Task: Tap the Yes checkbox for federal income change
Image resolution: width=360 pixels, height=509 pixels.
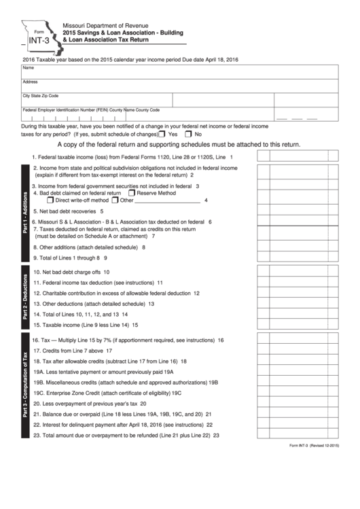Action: pyautogui.click(x=162, y=135)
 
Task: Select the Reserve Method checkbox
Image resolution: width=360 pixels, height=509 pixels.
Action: pyautogui.click(x=130, y=193)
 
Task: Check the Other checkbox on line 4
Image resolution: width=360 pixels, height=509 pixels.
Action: pyautogui.click(x=115, y=200)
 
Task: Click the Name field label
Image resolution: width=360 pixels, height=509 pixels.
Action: pyautogui.click(x=29, y=68)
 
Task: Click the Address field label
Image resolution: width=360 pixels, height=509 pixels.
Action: pyautogui.click(x=30, y=82)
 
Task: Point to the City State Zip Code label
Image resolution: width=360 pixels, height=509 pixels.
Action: pyautogui.click(x=40, y=96)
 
